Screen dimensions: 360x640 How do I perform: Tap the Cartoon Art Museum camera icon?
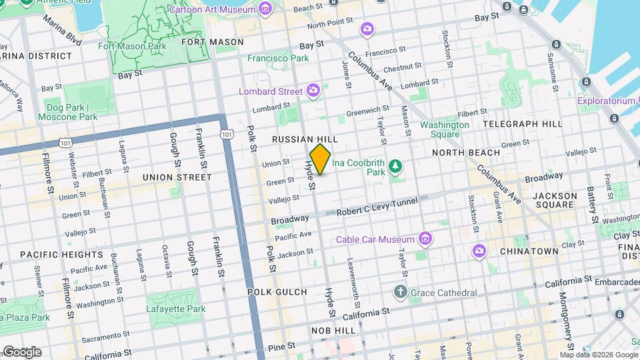[x=265, y=9]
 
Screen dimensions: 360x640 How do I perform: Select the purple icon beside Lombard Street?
[x=313, y=90]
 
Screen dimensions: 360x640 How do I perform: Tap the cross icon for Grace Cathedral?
[x=400, y=292]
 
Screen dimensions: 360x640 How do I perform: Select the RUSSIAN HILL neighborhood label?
[x=305, y=139]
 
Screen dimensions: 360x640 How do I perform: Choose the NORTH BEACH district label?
[x=465, y=153]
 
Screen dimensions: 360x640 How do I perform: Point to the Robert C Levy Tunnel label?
[x=377, y=207]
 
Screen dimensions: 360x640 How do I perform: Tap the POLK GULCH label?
[x=277, y=292]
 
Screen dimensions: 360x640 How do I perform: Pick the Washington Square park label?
[x=444, y=129]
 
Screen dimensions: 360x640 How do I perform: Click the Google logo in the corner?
[x=21, y=351]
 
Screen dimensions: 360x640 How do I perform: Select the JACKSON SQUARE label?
[x=555, y=201]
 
